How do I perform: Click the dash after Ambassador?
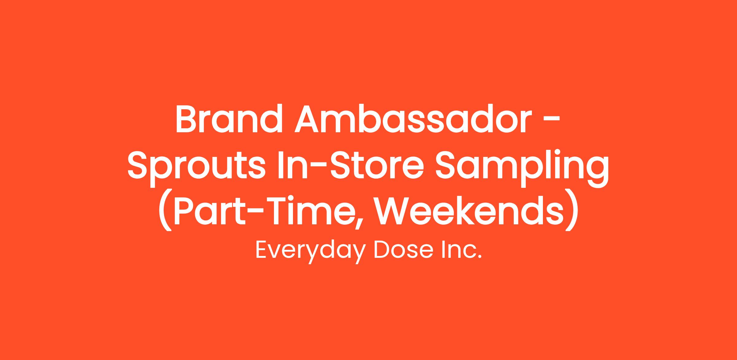(552, 120)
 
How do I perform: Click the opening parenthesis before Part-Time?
(165, 212)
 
